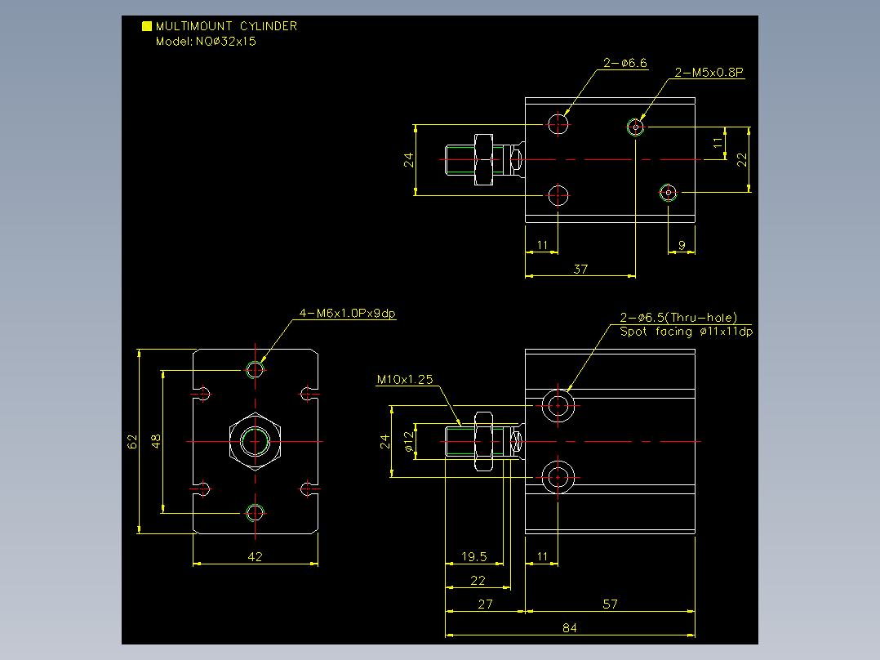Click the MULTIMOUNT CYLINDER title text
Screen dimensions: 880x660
pos(226,26)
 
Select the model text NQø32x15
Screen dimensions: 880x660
pos(225,41)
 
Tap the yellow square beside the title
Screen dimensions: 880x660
pos(147,26)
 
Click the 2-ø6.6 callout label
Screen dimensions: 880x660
pos(625,63)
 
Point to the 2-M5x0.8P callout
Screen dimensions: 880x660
pos(709,73)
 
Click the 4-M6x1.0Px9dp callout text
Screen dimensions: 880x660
pos(348,313)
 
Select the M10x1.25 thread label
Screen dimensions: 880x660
pos(405,379)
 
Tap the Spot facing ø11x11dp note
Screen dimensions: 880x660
pos(686,332)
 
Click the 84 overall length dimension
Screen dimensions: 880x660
pos(570,627)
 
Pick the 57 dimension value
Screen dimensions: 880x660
pos(610,604)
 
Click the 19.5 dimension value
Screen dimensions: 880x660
pos(473,556)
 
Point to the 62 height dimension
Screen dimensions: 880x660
pos(132,442)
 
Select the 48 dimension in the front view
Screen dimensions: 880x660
pos(156,441)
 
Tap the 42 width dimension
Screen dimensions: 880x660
pos(255,556)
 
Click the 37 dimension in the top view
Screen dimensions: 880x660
pos(580,269)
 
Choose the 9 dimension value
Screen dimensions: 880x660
pos(682,246)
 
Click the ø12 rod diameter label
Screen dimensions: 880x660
pos(408,442)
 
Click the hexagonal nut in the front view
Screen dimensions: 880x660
pos(255,442)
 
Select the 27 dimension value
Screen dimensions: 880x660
pos(485,604)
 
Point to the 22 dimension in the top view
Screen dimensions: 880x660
pos(742,160)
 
